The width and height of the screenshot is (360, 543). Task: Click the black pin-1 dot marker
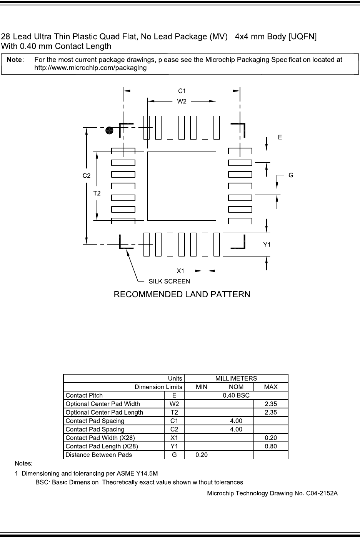click(110, 130)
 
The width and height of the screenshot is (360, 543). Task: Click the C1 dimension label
click(182, 91)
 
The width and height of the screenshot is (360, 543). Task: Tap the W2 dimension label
click(182, 102)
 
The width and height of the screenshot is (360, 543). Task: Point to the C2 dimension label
click(87, 175)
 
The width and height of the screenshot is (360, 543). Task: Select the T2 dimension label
click(97, 193)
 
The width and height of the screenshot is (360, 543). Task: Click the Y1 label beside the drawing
click(267, 245)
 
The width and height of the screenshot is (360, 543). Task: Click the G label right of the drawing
click(291, 175)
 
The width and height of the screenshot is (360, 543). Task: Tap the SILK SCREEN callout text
click(169, 281)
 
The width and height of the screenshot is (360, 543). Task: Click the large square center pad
click(181, 186)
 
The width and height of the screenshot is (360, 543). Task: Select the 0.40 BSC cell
click(236, 395)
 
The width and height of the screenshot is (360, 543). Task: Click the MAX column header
click(271, 387)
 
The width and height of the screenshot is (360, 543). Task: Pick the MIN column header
click(202, 387)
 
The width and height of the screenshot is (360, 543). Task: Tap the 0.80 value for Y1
click(271, 446)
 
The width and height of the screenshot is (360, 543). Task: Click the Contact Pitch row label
click(84, 395)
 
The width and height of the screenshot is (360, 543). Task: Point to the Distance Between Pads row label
click(99, 455)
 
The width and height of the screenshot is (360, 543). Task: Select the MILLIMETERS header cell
click(236, 378)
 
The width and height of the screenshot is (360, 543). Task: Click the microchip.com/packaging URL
click(90, 68)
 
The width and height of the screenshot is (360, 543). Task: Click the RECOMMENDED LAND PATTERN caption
click(182, 295)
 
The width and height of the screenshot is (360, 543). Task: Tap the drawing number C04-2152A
click(272, 493)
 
